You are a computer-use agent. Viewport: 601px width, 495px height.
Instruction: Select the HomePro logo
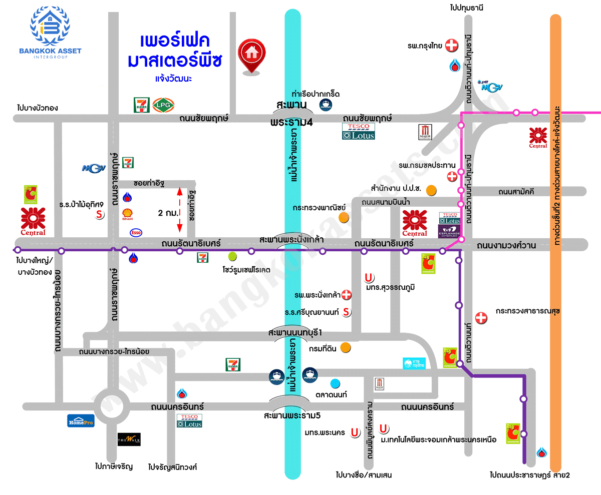[81, 420]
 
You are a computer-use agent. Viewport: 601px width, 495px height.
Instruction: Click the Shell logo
[128, 215]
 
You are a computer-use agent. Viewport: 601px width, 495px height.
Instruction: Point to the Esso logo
[136, 232]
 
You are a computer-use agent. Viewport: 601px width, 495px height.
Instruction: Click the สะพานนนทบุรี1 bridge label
[294, 333]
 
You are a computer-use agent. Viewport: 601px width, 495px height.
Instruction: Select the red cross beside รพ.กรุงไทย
[452, 46]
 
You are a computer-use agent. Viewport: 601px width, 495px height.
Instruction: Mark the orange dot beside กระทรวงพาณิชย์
[344, 217]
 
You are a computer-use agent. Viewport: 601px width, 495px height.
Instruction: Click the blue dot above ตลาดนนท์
[335, 384]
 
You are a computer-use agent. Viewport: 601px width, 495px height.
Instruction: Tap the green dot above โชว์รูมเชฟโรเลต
[232, 257]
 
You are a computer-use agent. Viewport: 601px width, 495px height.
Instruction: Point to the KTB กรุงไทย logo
[414, 363]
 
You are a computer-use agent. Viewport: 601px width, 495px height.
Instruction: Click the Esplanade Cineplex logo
[450, 231]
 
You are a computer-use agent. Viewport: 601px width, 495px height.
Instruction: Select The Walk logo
[129, 439]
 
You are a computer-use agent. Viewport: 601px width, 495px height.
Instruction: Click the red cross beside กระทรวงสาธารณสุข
[481, 317]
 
